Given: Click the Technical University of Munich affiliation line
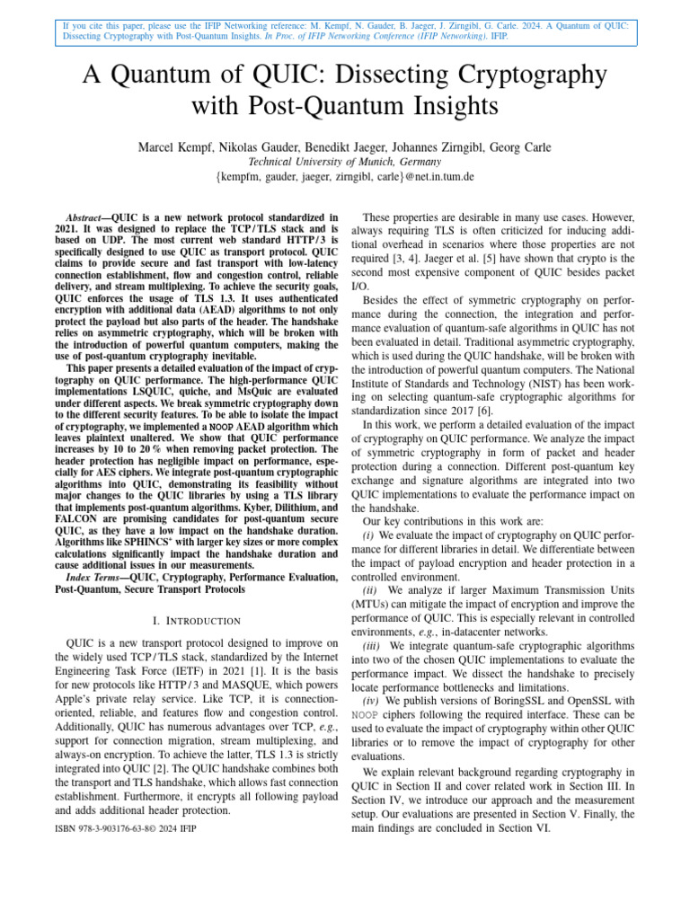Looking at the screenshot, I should click(x=345, y=163).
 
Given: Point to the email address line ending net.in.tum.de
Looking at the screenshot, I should click(x=345, y=178).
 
